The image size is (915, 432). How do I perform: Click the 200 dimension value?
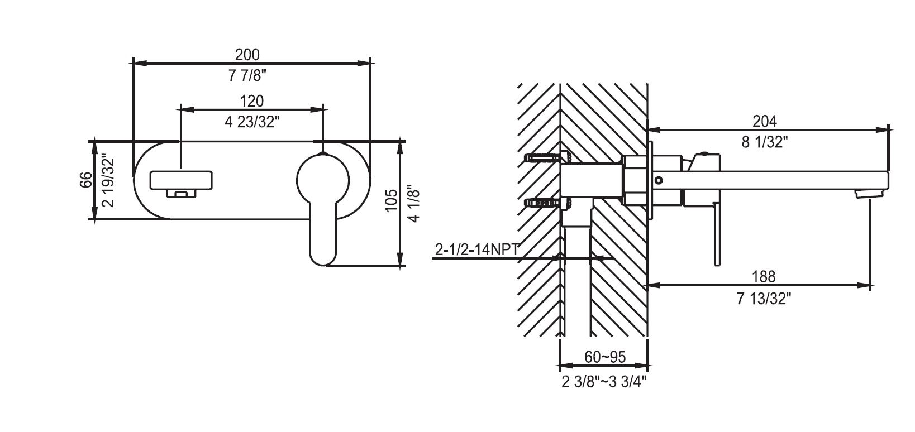(x=247, y=55)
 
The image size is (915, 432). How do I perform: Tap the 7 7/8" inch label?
(x=247, y=75)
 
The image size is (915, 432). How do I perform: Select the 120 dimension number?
(x=251, y=101)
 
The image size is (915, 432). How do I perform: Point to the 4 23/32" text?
(x=252, y=122)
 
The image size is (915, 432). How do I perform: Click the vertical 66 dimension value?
(x=86, y=180)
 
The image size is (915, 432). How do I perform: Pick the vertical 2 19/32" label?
(x=109, y=180)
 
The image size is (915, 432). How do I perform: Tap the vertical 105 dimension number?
(x=391, y=200)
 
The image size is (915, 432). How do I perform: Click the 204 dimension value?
(x=765, y=121)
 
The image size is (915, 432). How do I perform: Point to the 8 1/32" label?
(x=765, y=142)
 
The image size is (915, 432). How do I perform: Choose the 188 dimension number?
(x=764, y=277)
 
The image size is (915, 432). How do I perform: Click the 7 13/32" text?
(x=764, y=299)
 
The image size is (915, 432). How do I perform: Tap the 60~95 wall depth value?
(x=605, y=357)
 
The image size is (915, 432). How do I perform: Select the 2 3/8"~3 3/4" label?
(x=604, y=382)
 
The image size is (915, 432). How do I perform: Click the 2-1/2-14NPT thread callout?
(x=477, y=249)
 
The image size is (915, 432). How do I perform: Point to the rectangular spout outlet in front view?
(x=182, y=180)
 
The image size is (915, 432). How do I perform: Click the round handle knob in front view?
(x=323, y=180)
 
